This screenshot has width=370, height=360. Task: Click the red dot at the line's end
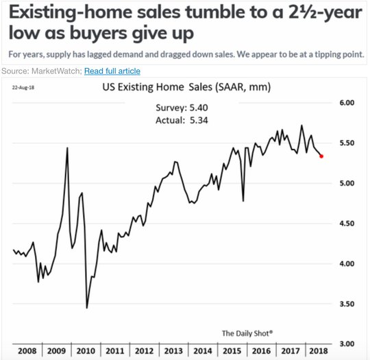pos(321,156)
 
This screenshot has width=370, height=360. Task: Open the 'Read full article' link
pos(112,71)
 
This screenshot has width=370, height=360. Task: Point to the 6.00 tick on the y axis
pos(347,103)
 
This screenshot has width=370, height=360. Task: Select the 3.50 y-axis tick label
pos(347,304)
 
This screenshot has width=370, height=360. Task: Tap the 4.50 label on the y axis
pos(347,224)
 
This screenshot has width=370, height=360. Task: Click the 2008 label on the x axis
pos(27,351)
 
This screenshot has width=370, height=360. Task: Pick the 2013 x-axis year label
pos(173,351)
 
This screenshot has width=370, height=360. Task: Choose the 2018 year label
pos(319,351)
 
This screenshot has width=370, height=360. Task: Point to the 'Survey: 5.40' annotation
pos(182,108)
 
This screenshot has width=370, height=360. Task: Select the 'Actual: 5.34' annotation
pos(182,121)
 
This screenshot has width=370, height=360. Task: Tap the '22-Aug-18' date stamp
pos(23,88)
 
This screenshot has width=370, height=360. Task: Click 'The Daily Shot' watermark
pos(247,333)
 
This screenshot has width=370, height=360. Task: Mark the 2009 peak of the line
pos(67,148)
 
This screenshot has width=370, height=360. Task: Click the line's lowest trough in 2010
pos(87,308)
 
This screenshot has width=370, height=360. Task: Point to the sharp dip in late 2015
pos(243,201)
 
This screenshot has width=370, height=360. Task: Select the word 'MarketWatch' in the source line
pos(56,71)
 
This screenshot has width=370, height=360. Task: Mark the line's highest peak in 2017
pos(301,125)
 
